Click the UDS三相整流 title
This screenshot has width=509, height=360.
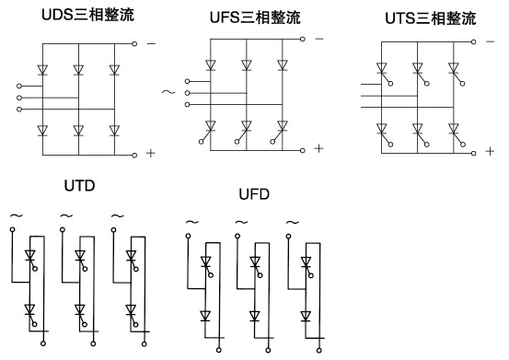coord(87,15)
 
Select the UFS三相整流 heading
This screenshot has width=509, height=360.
coord(255,17)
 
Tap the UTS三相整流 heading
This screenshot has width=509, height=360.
coord(431,18)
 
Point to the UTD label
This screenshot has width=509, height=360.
coord(79,186)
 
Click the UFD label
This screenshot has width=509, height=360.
coord(254,194)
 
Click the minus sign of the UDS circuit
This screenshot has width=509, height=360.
coord(151,43)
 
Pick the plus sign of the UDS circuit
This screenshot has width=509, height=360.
coord(151,153)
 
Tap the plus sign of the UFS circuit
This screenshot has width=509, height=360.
coord(319,148)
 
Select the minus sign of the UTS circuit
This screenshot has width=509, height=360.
coord(491,41)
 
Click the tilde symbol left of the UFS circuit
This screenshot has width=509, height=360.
coord(168,92)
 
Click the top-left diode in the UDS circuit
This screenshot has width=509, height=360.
coord(42,70)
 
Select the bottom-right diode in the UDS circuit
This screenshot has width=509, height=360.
coord(114,131)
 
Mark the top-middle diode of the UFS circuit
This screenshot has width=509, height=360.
coord(247,65)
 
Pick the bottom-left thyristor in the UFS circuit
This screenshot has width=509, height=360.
coord(208,131)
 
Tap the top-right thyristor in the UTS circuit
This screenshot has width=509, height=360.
coord(457,74)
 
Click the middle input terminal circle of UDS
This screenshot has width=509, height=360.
coord(19,98)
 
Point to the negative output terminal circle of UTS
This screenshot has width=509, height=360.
coord(474,41)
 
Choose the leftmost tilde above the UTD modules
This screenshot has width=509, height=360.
coord(17,215)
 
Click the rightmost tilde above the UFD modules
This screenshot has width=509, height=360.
coord(293,223)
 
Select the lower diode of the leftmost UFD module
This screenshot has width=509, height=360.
coord(205,316)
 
